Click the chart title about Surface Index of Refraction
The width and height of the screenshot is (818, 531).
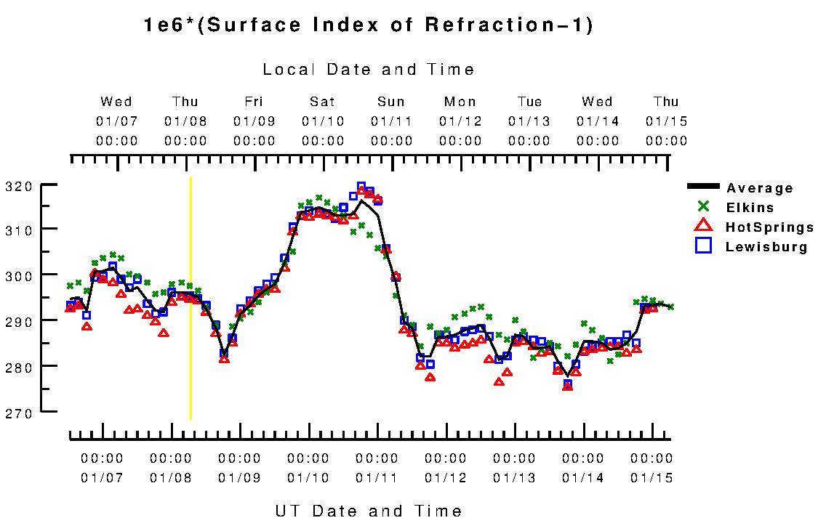(x=369, y=25)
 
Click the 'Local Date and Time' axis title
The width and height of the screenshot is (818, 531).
(x=369, y=70)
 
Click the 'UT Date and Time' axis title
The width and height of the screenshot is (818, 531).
(x=369, y=511)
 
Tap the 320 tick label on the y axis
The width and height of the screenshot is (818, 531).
(x=19, y=186)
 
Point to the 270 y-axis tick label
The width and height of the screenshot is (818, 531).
(x=19, y=413)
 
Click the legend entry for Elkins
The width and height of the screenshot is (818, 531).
(x=750, y=208)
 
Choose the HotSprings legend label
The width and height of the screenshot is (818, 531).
(x=769, y=227)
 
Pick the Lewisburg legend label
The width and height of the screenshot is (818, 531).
(x=766, y=247)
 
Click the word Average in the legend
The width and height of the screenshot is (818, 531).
(x=759, y=189)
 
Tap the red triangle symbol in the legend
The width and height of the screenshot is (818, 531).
(x=702, y=227)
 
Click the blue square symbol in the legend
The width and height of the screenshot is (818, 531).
(x=702, y=246)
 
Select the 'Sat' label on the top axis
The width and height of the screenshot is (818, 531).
(x=322, y=102)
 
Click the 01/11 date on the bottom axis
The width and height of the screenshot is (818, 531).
(x=377, y=478)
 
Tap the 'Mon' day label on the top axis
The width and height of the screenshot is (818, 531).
(x=460, y=102)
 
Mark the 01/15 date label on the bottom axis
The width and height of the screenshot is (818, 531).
(x=651, y=478)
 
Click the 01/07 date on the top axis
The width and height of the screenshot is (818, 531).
(x=117, y=121)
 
